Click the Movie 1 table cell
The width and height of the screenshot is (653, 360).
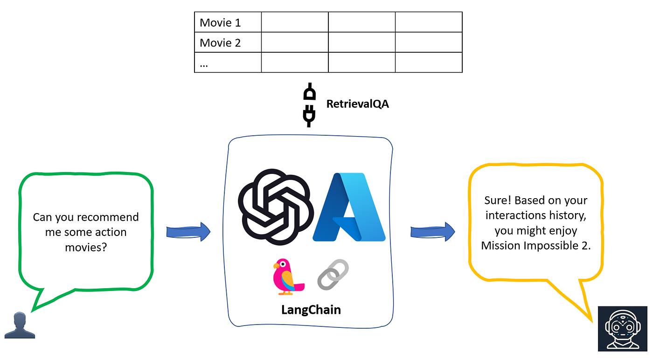228,22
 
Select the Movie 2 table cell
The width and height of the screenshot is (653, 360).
228,42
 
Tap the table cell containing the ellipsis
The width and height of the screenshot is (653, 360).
228,62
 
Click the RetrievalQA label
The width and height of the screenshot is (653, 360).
357,104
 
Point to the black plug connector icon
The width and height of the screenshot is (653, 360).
309,105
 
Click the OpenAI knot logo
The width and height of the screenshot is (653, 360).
276,207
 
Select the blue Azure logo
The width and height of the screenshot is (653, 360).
349,207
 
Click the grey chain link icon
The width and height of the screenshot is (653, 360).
333,275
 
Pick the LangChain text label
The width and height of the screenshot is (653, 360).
311,310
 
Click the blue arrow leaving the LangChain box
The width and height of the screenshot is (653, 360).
433,232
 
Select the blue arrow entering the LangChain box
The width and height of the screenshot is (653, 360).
188,232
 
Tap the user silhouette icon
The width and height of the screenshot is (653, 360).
20,325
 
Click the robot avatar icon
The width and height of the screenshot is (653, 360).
622,329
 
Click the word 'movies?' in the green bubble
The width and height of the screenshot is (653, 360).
86,248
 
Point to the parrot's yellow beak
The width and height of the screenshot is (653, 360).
276,266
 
